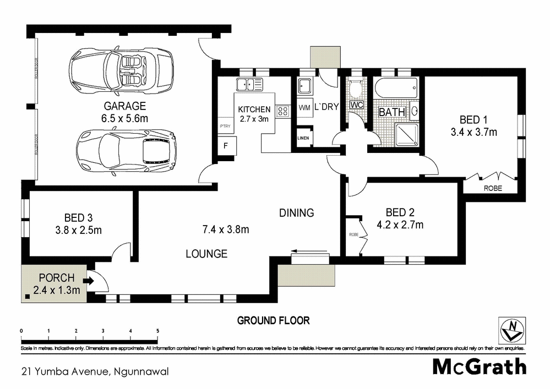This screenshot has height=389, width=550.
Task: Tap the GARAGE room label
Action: pos(126,106)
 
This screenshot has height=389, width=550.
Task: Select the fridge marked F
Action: pos(226,146)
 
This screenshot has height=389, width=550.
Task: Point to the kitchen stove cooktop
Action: pos(282,111)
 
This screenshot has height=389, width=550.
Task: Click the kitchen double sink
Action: pos(249,84)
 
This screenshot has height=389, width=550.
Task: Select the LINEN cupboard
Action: pos(303,138)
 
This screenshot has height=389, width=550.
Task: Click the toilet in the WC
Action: pos(356,89)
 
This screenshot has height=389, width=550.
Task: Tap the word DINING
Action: pos(296,213)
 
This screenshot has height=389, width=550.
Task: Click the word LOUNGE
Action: pos(206,254)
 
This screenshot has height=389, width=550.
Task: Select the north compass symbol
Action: pos(511,330)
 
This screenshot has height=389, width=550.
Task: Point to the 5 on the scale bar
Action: pos(158,331)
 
